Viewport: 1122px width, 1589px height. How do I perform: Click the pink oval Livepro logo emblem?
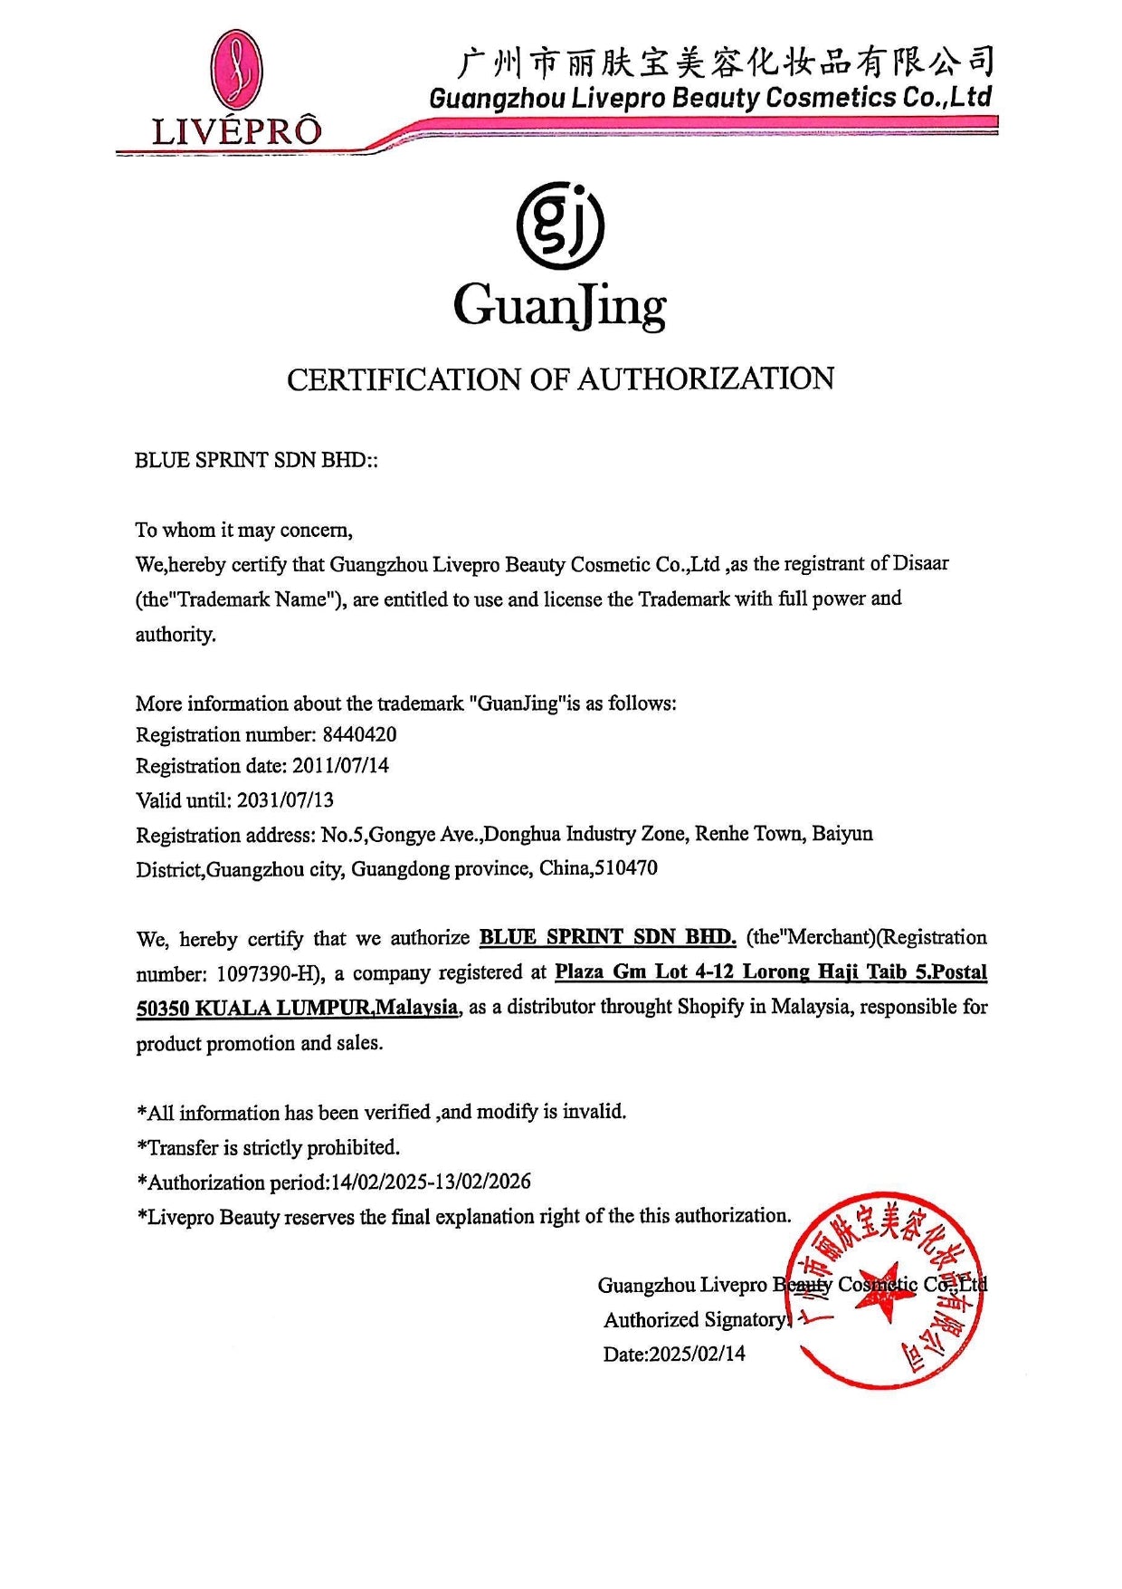(x=236, y=72)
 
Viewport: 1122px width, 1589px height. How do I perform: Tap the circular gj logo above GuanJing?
(x=560, y=226)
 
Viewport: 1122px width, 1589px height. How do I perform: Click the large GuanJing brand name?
(x=560, y=306)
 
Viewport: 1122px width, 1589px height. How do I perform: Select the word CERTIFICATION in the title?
(x=404, y=379)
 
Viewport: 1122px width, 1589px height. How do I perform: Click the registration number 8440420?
(x=359, y=734)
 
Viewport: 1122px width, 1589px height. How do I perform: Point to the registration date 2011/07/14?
(x=340, y=766)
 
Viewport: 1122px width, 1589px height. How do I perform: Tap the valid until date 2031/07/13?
(x=285, y=800)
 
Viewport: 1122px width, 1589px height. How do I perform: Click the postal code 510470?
(x=625, y=868)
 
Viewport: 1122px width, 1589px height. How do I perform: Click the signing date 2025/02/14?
(x=698, y=1354)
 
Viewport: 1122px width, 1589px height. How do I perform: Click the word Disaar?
(x=921, y=563)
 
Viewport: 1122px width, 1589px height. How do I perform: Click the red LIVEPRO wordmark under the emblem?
(x=236, y=131)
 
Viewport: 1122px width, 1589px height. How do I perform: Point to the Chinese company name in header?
(x=724, y=62)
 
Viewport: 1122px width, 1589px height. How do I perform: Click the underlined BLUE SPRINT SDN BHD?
(x=608, y=937)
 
